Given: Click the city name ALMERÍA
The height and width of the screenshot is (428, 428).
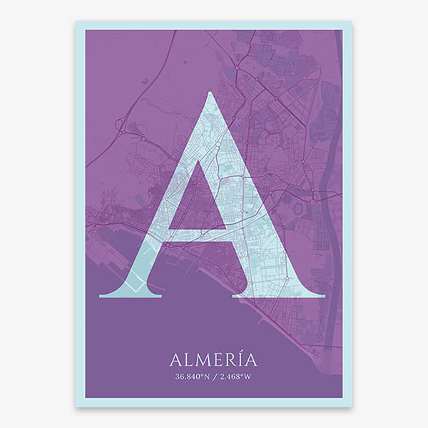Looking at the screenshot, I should pyautogui.click(x=213, y=359).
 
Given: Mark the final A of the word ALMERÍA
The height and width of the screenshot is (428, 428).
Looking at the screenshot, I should pyautogui.click(x=251, y=359).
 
